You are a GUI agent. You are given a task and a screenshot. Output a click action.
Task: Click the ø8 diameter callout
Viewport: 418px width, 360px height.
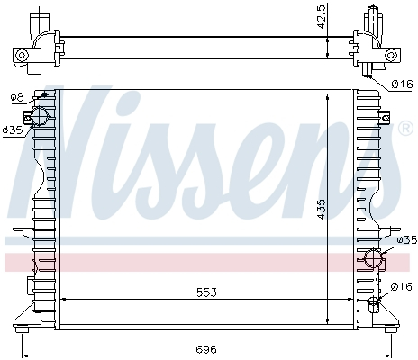(16, 97)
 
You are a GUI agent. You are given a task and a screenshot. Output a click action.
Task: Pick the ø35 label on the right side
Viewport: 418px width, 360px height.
(406, 240)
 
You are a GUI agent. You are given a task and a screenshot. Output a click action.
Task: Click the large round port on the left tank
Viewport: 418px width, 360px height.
(41, 116)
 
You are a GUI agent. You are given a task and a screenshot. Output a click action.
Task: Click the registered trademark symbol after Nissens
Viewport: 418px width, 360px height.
(406, 129)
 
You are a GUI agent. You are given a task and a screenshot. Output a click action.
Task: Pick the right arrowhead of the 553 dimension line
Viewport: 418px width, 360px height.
(353, 299)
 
